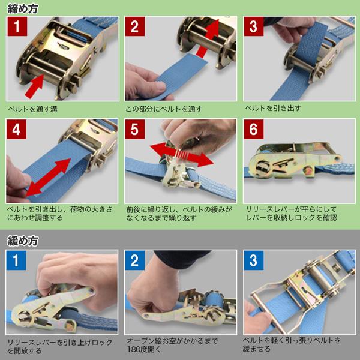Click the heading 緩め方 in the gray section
point(22,241)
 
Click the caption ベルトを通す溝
point(33,110)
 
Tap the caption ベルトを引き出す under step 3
point(273,110)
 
